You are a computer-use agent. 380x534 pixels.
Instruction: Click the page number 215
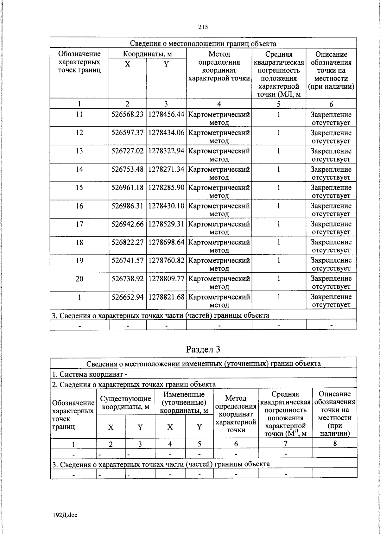click(x=203, y=27)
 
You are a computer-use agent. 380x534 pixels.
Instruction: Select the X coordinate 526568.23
click(x=127, y=115)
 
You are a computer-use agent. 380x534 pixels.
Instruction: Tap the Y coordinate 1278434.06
click(x=166, y=133)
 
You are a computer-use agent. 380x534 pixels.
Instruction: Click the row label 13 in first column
click(x=79, y=151)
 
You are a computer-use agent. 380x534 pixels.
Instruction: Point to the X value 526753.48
click(x=127, y=169)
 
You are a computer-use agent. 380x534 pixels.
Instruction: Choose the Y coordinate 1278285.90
click(x=166, y=188)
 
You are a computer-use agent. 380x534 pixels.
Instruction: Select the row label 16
click(x=79, y=206)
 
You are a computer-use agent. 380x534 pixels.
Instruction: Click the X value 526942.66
click(x=127, y=224)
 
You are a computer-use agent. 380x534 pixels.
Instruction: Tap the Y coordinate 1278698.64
click(x=166, y=242)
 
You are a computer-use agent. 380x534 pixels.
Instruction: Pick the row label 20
click(x=79, y=279)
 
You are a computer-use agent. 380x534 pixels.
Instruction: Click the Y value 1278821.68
click(x=166, y=297)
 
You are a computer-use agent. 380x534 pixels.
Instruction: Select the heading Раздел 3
click(x=203, y=349)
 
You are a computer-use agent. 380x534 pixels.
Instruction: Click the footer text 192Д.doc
click(x=65, y=515)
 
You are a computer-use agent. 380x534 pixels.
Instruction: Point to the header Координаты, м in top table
click(x=147, y=54)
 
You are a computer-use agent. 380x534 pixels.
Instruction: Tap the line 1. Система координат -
click(x=90, y=374)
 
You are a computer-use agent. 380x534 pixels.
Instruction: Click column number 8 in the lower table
click(x=335, y=443)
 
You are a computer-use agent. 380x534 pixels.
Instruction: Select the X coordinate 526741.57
click(x=127, y=260)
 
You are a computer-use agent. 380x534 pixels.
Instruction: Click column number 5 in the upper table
click(x=279, y=104)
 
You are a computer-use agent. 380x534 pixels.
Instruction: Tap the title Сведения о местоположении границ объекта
click(x=203, y=43)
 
